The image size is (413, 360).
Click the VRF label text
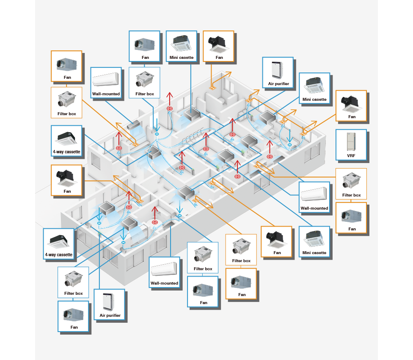[351, 155]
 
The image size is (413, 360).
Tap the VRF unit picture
[351, 141]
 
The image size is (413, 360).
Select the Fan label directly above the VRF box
[352, 116]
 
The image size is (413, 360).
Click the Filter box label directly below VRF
[351, 195]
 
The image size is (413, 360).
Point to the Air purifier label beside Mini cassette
[278, 84]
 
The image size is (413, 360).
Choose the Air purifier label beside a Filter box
[110, 315]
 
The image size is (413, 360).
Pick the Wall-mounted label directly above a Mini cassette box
[314, 208]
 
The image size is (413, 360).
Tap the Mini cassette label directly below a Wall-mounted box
[314, 253]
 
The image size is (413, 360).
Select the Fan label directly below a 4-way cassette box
[67, 191]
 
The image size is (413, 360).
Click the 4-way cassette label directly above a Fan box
[66, 151]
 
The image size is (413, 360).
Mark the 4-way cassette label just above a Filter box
[59, 255]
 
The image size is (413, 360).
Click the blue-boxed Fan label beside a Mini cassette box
[144, 57]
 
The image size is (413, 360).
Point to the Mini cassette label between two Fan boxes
[182, 57]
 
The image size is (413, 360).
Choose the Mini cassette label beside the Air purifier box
[314, 100]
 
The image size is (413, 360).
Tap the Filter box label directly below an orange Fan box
[66, 114]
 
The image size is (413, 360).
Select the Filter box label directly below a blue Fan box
[144, 94]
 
